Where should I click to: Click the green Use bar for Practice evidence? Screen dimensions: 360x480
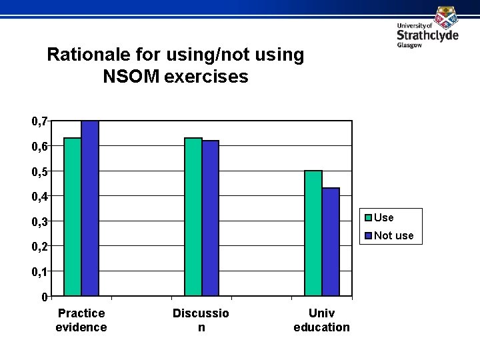[73, 217]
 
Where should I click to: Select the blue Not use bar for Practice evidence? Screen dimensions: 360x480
[90, 208]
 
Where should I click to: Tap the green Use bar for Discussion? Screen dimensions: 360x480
[193, 217]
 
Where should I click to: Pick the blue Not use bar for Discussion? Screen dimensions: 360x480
[211, 218]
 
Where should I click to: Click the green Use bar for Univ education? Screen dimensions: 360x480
[313, 233]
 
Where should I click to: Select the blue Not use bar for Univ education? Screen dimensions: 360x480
[331, 241]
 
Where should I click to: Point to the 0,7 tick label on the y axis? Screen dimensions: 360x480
[39, 121]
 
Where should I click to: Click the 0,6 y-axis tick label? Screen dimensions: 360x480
[39, 146]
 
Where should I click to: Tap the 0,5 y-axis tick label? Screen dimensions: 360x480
[39, 171]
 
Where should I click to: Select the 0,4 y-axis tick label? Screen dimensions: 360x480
[39, 196]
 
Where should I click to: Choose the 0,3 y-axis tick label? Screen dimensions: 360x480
[39, 221]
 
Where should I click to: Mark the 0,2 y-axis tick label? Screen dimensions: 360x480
[39, 246]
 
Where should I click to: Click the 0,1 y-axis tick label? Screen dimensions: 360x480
[39, 271]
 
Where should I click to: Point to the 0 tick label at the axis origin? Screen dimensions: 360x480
[43, 297]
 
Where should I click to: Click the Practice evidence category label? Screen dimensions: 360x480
[81, 320]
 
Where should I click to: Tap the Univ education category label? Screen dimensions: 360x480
[321, 320]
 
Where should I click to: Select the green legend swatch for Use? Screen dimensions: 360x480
[367, 217]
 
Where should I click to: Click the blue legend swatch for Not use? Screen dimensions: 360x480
[367, 235]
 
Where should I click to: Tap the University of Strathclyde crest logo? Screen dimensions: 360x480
[446, 17]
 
